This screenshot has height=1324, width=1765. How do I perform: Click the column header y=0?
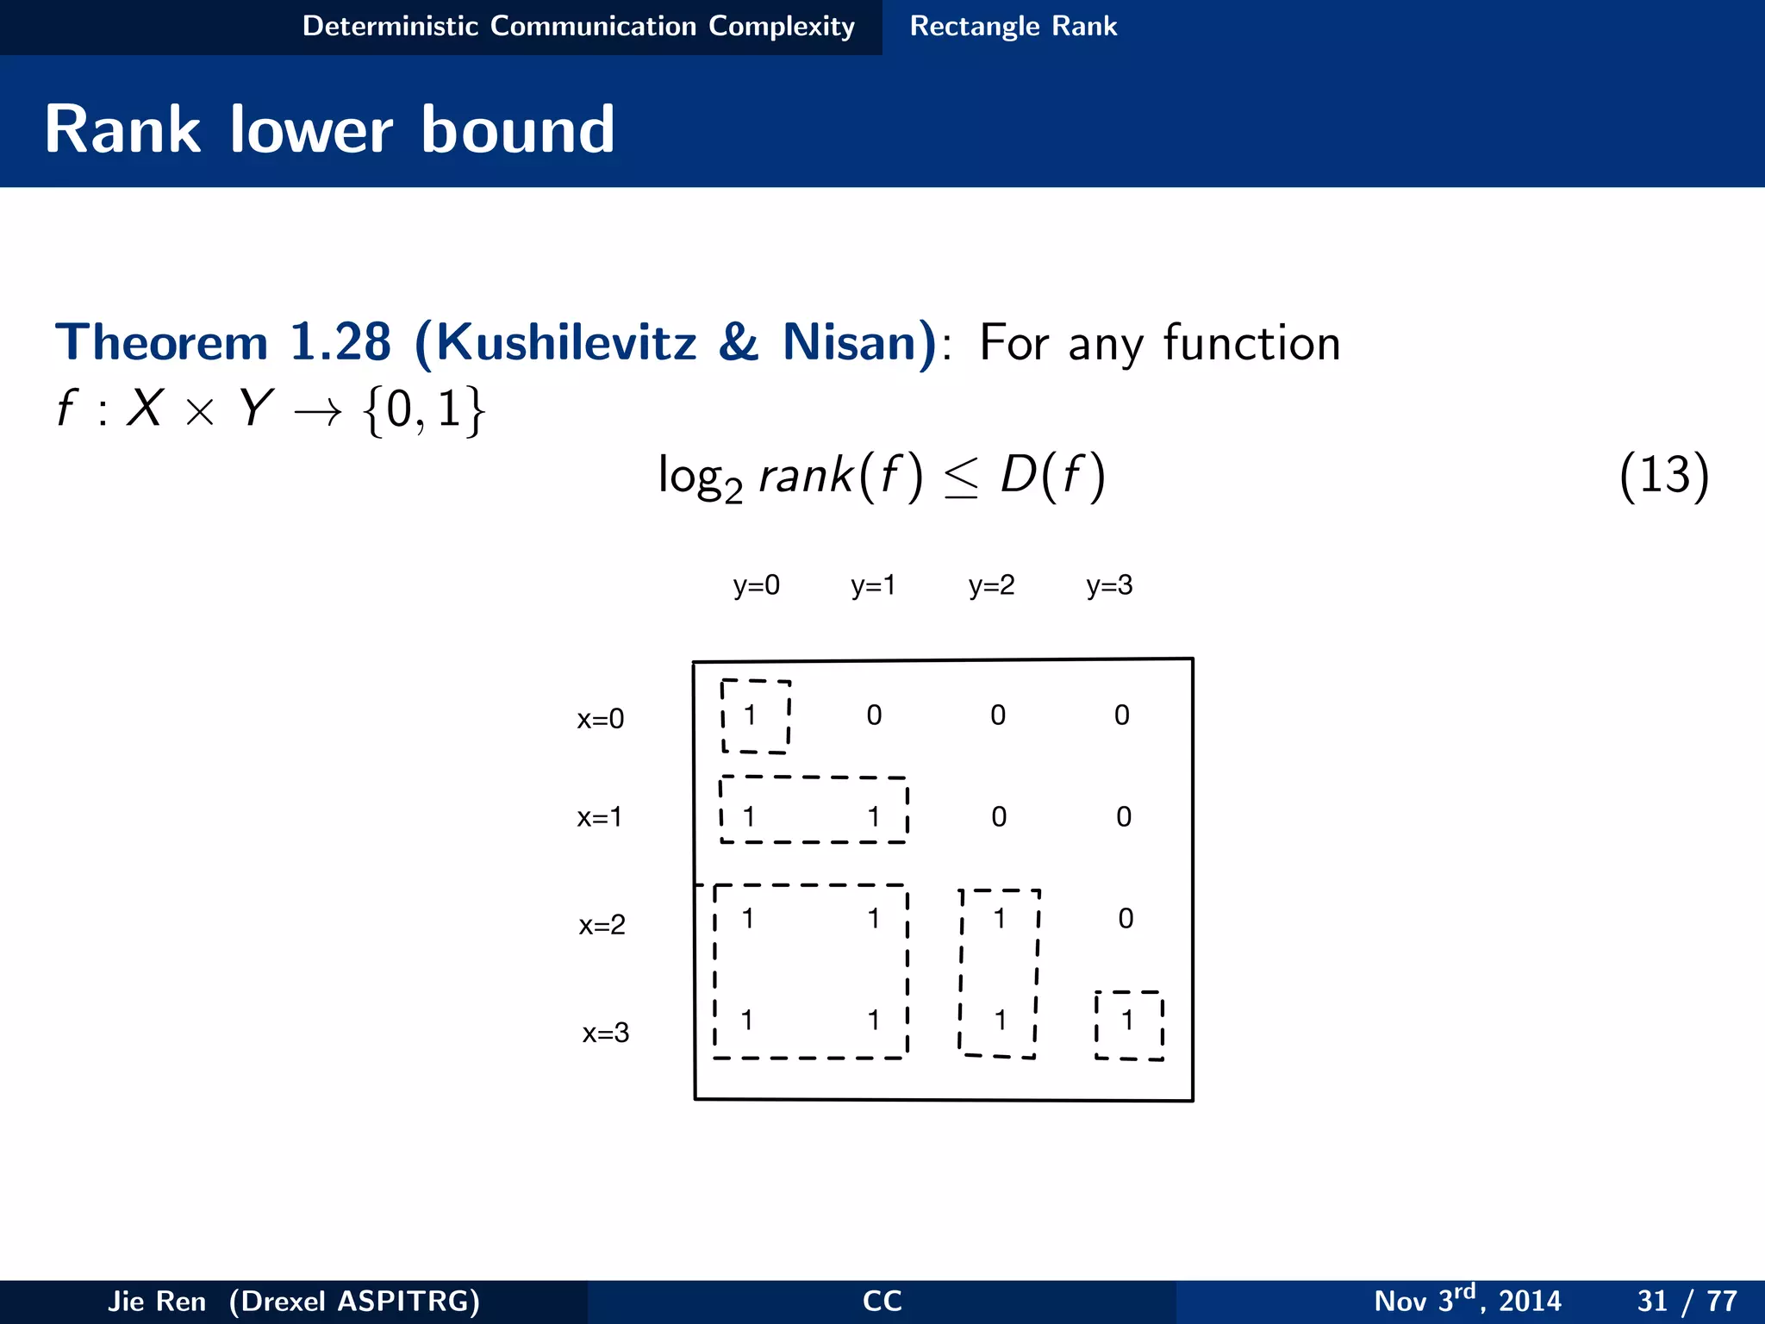pyautogui.click(x=756, y=585)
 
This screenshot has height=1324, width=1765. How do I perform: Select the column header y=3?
pyautogui.click(x=1109, y=585)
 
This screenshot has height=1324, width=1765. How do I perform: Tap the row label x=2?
pyautogui.click(x=602, y=925)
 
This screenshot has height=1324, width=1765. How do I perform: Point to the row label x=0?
pyautogui.click(x=600, y=718)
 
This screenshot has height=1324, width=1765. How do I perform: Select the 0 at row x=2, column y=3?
pyautogui.click(x=1126, y=918)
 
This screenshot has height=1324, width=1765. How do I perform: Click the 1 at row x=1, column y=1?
pyautogui.click(x=874, y=816)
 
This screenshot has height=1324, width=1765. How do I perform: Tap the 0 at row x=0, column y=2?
pyautogui.click(x=998, y=715)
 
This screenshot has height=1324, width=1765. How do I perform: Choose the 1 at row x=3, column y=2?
pyautogui.click(x=1000, y=1021)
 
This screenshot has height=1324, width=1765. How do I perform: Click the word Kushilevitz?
pyautogui.click(x=566, y=342)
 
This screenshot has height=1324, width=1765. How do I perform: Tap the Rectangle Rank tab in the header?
pyautogui.click(x=1013, y=26)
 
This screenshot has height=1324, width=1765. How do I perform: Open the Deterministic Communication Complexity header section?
pyautogui.click(x=578, y=26)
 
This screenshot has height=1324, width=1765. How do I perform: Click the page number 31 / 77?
pyautogui.click(x=1687, y=1300)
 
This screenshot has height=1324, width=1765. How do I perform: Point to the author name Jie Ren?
pyautogui.click(x=157, y=1301)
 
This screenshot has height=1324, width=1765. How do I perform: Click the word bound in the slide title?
pyautogui.click(x=518, y=129)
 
